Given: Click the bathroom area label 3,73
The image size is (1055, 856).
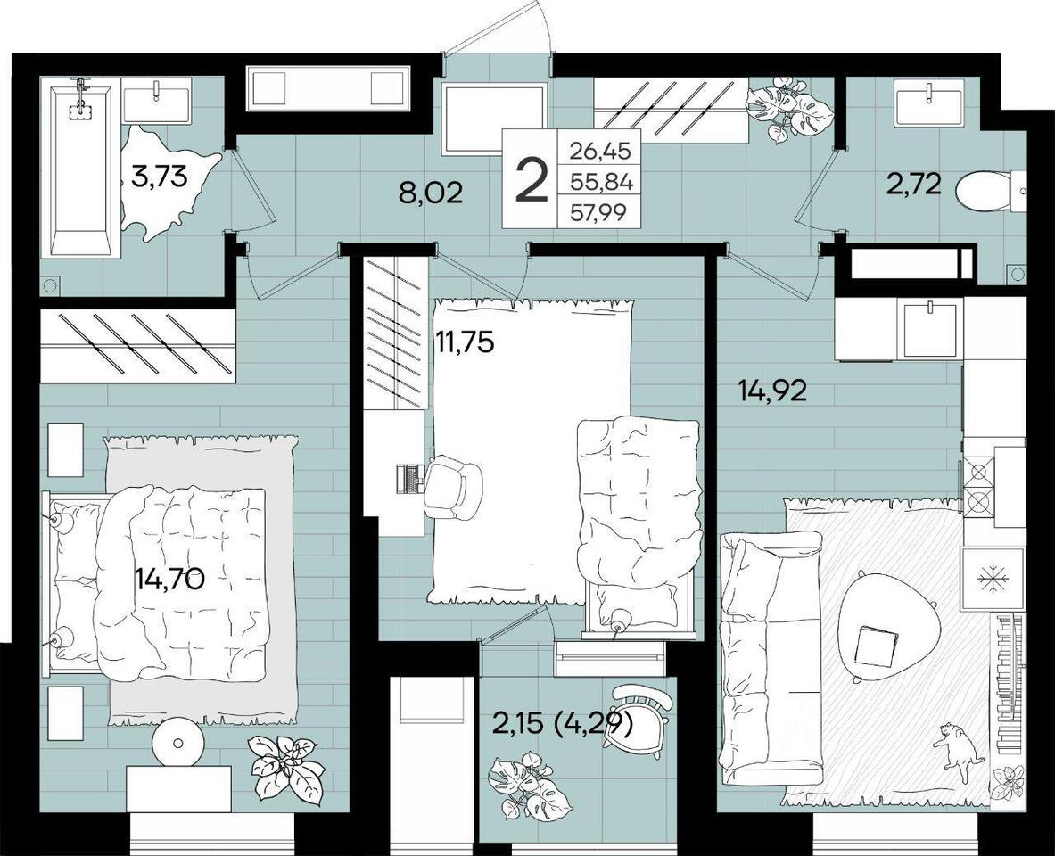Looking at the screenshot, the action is [x=159, y=179].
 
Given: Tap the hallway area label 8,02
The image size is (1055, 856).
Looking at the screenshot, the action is [x=431, y=193].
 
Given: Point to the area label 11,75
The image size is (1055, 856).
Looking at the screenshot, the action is [x=464, y=342].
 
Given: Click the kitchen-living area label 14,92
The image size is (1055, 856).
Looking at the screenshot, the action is [x=772, y=391].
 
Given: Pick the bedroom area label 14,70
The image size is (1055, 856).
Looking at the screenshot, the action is [x=169, y=578].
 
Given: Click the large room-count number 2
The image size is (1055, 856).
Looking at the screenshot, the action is [x=531, y=177].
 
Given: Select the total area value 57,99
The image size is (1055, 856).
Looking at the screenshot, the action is [x=598, y=212].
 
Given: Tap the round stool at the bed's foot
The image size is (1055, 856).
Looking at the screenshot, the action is [x=178, y=743].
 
